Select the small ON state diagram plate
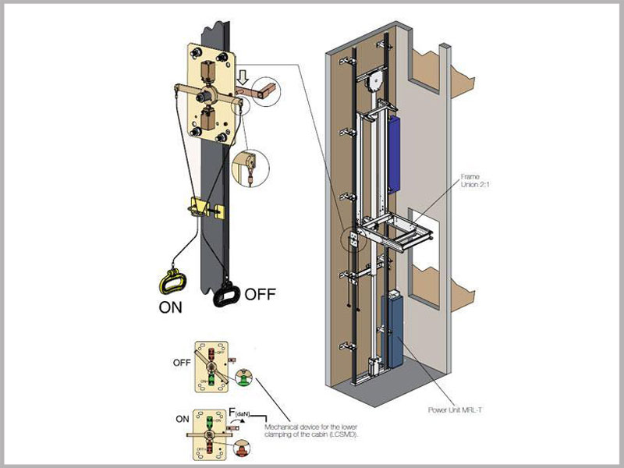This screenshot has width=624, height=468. (x=211, y=433)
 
